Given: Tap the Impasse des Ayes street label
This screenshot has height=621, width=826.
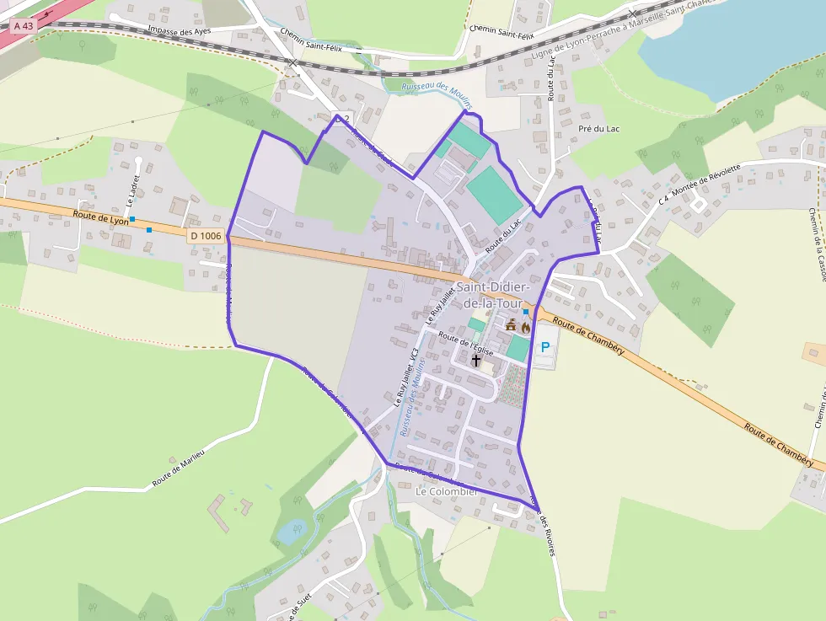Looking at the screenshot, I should coord(179,31).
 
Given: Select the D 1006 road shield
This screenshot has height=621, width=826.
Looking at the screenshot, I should coord(206,236).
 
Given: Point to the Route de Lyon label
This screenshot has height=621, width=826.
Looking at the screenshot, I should coord(100,217).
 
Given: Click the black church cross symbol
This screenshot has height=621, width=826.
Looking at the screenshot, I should coord(476,361).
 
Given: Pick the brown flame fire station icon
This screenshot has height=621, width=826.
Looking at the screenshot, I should coord(526,326).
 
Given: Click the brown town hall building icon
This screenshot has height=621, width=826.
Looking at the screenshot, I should coord(511,325).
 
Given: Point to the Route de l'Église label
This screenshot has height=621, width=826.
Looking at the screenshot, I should coord(464,342).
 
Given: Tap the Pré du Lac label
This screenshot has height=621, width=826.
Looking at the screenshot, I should coord(599,129).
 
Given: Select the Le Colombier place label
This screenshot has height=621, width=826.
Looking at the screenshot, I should coord(447,491).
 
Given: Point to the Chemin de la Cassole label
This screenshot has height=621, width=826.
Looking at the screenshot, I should coord(816,244).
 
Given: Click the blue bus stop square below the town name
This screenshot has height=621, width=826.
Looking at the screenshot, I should coord(525,312).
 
